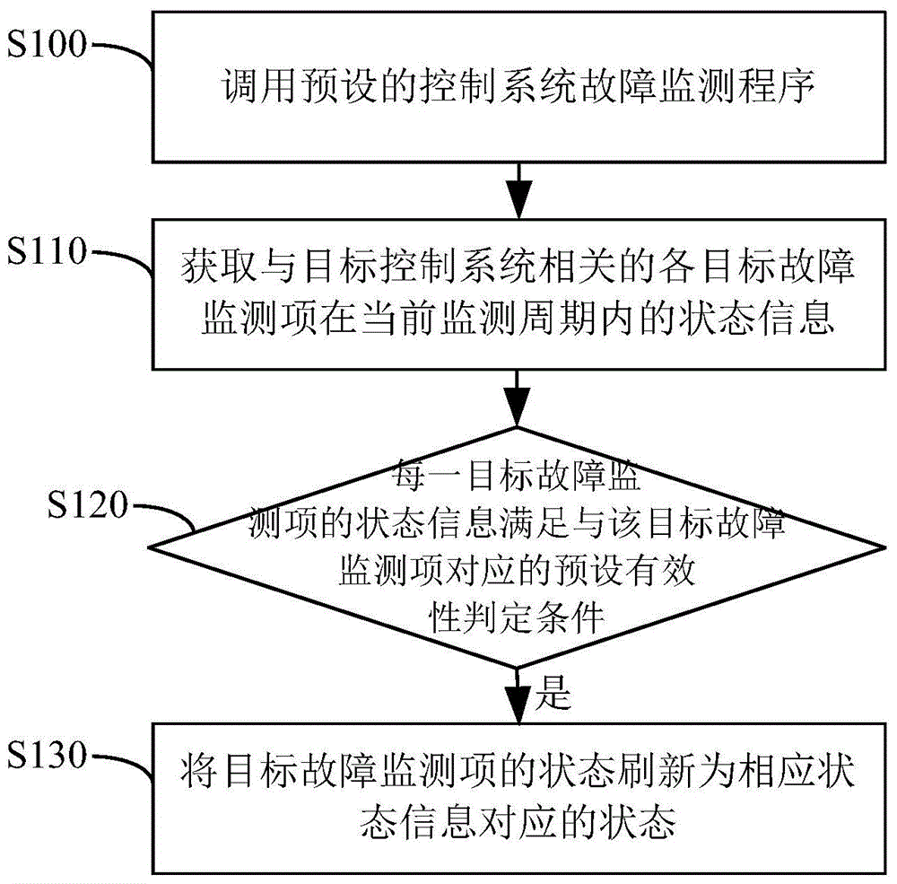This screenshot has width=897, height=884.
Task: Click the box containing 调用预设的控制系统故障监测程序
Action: click(518, 89)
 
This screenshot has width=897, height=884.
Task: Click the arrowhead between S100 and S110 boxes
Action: click(518, 199)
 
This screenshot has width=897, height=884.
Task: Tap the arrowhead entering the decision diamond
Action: click(518, 409)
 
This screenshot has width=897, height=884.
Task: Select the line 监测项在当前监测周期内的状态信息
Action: click(517, 319)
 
